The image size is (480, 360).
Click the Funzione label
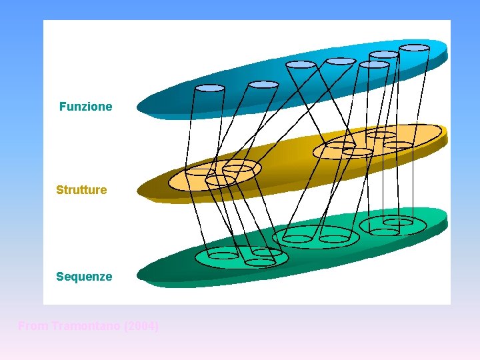point(85,107)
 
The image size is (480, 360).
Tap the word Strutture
point(81,190)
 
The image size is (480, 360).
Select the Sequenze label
point(84,276)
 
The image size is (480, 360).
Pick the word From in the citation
point(31,326)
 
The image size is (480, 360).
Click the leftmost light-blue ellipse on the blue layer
point(209,88)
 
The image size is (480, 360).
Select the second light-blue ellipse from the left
point(263,85)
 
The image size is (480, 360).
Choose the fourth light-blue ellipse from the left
point(341,61)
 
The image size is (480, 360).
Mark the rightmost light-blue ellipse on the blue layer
point(414,48)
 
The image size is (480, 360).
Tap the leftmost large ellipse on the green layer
point(241,257)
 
